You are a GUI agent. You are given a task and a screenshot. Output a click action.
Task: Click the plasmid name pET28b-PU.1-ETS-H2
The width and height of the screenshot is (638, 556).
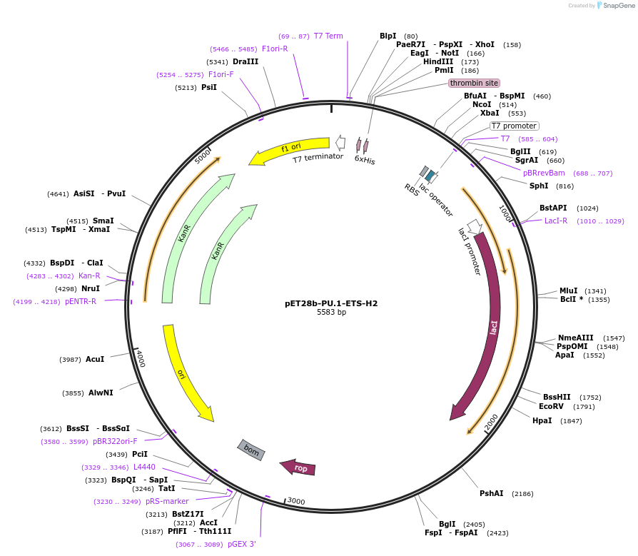point(331,303)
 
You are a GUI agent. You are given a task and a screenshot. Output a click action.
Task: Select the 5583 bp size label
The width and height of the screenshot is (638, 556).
point(331,313)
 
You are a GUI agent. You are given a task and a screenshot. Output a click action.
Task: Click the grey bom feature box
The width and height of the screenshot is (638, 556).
point(251,449)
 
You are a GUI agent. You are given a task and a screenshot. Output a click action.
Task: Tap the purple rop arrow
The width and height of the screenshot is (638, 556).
point(298,468)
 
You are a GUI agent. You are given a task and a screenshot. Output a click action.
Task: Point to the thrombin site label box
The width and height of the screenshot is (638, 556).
point(474,83)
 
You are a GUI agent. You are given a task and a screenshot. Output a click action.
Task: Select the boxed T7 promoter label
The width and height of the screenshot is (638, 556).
point(514,126)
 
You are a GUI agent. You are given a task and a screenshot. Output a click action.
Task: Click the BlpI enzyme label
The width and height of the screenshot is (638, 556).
point(388,36)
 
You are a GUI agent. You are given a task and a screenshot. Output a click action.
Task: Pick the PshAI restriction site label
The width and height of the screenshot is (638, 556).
point(492,493)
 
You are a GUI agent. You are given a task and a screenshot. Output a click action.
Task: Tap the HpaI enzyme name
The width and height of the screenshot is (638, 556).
point(542,420)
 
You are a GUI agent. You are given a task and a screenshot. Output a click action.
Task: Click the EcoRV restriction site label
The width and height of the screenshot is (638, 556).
point(552,407)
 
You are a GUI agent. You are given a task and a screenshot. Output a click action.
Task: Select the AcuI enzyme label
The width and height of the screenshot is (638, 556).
point(95,359)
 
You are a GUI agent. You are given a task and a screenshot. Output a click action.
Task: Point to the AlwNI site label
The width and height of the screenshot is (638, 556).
point(101,393)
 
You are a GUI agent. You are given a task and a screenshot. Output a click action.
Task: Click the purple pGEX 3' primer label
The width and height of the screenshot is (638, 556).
point(242,544)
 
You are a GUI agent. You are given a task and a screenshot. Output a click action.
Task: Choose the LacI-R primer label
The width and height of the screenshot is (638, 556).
point(556,221)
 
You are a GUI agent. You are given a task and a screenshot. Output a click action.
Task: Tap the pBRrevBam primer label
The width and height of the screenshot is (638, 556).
point(544,173)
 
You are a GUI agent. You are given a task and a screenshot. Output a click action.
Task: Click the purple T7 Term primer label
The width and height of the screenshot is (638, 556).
point(328,36)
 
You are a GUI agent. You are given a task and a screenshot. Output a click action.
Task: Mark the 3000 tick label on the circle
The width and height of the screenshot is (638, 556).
point(296,502)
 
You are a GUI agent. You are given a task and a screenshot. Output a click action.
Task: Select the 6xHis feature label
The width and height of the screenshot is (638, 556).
point(365,161)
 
